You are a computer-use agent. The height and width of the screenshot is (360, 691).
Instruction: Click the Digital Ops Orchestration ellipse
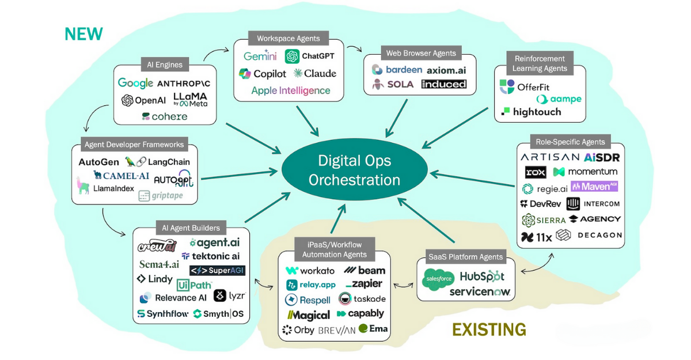click(x=354, y=170)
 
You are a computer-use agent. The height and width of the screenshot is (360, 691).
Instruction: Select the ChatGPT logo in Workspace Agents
click(x=310, y=56)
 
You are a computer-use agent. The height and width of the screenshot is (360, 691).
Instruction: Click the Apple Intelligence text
click(x=291, y=90)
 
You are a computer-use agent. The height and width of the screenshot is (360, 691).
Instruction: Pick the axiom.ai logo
click(x=446, y=70)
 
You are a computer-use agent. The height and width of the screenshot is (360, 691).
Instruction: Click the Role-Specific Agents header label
click(x=570, y=142)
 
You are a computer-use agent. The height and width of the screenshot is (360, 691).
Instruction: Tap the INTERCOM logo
click(x=593, y=204)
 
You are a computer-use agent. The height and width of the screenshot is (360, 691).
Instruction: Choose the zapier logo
click(x=365, y=285)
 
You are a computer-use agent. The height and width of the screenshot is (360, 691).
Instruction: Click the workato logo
click(x=310, y=270)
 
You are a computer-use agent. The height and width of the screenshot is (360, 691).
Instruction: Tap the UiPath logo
click(x=195, y=285)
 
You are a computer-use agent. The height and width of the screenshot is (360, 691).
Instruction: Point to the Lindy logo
click(x=155, y=279)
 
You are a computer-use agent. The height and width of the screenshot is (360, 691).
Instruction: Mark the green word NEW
click(x=83, y=34)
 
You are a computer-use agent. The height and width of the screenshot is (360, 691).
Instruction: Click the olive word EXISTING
click(x=489, y=329)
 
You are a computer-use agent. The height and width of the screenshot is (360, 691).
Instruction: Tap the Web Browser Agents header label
click(x=421, y=54)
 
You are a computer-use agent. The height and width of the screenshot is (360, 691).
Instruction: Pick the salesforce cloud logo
click(x=439, y=279)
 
